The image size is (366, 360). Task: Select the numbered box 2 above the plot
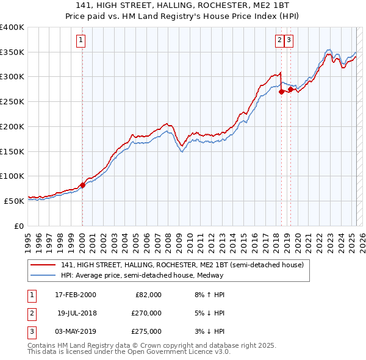(x=279, y=41)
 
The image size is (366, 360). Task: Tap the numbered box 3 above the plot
(x=289, y=41)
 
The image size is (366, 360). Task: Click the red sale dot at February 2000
(x=82, y=185)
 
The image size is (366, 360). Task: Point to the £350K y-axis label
(x=12, y=52)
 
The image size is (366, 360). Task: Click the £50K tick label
(x=15, y=201)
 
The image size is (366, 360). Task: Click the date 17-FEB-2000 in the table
(x=75, y=295)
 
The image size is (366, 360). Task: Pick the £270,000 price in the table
(x=147, y=313)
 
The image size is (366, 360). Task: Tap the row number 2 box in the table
(x=31, y=313)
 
